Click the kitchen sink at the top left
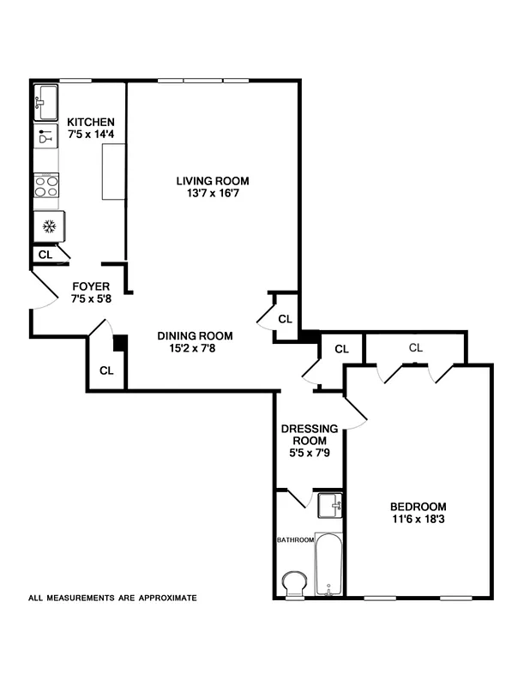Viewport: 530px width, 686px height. [46, 103]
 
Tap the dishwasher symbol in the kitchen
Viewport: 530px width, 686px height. [46, 136]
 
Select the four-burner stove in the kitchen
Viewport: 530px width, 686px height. [46, 186]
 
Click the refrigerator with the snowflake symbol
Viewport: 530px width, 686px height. [49, 226]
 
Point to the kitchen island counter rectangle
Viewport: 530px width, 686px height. [112, 172]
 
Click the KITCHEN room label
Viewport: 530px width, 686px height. [91, 122]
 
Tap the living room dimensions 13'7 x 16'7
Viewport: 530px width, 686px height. [213, 195]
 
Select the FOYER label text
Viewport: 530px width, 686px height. [90, 286]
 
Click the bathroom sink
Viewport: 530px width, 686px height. [329, 505]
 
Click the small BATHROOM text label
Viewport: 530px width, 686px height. [293, 540]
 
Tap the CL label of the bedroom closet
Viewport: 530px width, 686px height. [416, 347]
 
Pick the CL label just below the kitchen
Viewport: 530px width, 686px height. [45, 255]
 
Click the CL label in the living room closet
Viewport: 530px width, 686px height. [286, 319]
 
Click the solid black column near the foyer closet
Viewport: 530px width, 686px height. [121, 342]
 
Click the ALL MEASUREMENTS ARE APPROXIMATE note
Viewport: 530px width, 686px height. [113, 598]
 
